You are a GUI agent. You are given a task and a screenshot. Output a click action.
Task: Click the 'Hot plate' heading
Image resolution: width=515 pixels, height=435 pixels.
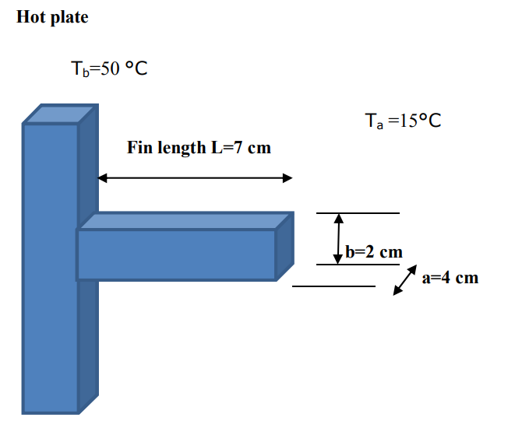[x=52, y=18]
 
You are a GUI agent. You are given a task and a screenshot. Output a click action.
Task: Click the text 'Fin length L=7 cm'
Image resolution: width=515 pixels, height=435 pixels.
[x=199, y=148]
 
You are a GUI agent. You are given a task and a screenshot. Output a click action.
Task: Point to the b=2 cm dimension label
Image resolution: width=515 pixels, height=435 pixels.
[x=374, y=252]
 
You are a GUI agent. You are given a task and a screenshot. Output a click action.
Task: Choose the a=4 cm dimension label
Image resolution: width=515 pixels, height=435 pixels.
[x=450, y=278]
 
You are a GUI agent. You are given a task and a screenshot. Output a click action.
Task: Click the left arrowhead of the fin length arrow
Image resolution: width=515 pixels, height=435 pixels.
[x=103, y=178]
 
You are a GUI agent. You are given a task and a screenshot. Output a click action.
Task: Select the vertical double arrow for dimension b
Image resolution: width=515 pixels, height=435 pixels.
[x=338, y=238]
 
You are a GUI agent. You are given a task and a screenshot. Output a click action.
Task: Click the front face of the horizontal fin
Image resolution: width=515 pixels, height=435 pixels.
[x=176, y=254]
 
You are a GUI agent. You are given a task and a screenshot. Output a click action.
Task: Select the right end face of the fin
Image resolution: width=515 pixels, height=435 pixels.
[x=285, y=244]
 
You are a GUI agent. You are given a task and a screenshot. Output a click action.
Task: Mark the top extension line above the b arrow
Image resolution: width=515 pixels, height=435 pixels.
[x=358, y=212]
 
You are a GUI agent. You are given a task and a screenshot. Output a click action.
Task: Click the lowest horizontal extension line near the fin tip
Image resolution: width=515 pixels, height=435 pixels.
[x=333, y=286]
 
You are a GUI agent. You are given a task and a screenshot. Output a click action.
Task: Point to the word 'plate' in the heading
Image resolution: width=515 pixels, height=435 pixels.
[x=70, y=18]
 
